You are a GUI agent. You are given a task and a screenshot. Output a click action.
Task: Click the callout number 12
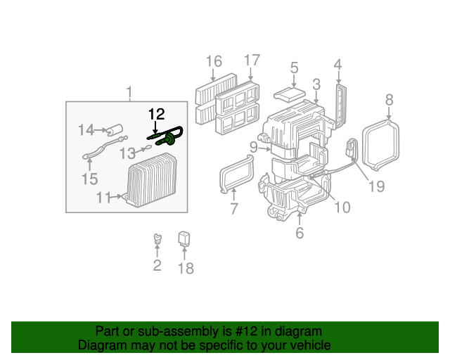pyautogui.click(x=155, y=113)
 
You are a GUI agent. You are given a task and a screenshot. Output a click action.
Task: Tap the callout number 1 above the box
pyautogui.click(x=129, y=92)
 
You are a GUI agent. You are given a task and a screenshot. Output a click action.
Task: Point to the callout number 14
pyautogui.click(x=86, y=129)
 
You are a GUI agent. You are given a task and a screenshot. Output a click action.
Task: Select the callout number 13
pyautogui.click(x=127, y=153)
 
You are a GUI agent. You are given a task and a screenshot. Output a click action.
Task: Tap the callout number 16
pyautogui.click(x=214, y=62)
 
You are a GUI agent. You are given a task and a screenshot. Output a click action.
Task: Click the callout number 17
pyautogui.click(x=251, y=60)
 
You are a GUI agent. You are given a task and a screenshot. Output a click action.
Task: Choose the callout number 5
pyautogui.click(x=294, y=68)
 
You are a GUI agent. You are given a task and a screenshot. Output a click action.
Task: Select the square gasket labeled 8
pyautogui.click(x=380, y=144)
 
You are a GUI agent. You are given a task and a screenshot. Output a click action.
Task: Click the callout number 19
pyautogui.click(x=376, y=186)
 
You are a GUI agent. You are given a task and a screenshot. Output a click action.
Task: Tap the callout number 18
pyautogui.click(x=185, y=268)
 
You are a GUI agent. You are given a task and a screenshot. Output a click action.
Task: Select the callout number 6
pyautogui.click(x=300, y=233)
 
